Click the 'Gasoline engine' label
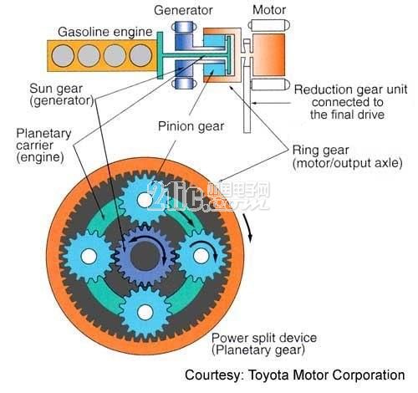coord(105,32)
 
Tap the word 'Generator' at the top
coord(183,10)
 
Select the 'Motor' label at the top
coord(269,10)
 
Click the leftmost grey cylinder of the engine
coord(63,55)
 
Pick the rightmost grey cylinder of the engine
coord(140,55)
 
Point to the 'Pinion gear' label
coord(191,126)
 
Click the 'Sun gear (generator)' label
coord(62,94)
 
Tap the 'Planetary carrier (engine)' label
coord(43,145)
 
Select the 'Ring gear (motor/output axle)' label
coord(347,156)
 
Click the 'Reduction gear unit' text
coord(350,89)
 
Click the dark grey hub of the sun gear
coord(145,256)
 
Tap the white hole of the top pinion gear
coord(145,200)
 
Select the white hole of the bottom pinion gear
coord(145,312)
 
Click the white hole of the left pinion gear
coord(89,256)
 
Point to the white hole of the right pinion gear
coord(201,256)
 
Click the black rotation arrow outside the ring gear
coord(249,227)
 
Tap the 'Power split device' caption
coord(264,338)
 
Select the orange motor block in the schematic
coord(269,54)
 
